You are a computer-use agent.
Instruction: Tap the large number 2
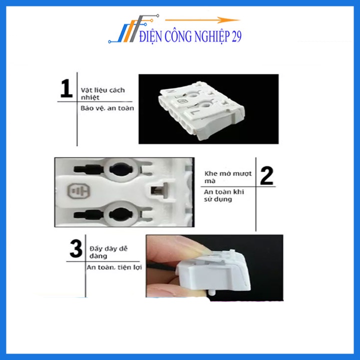click(x=267, y=175)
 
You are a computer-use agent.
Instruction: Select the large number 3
click(x=75, y=249)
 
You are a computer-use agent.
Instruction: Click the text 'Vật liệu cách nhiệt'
click(x=102, y=94)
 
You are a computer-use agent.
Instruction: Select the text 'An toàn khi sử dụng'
click(x=225, y=195)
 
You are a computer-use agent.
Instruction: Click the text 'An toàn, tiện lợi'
click(x=113, y=267)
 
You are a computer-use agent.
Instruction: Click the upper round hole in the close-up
click(x=120, y=169)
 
